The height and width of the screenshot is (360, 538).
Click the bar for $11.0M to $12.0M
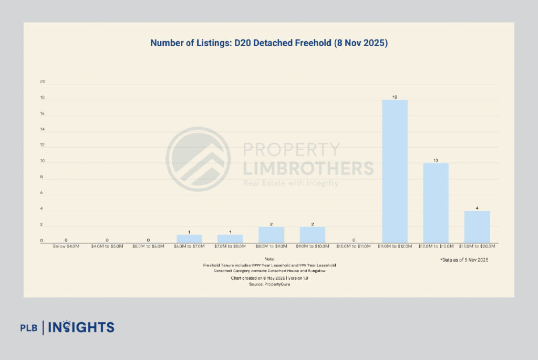pos(395,171)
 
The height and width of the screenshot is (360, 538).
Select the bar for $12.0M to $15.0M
pos(436,202)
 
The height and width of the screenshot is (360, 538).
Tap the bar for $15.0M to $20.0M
pos(477,227)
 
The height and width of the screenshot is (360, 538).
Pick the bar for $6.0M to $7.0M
pos(189,239)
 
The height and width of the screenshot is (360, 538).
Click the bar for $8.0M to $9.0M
pos(271,234)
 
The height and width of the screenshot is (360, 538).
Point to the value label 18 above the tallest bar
pos(395,97)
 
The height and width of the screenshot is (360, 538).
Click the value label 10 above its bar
pos(436,160)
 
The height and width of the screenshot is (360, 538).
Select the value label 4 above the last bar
pos(477,208)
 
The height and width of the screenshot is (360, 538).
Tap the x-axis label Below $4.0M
pos(66,246)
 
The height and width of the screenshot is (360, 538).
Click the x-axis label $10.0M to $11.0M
pos(354,246)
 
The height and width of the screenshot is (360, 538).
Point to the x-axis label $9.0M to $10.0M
pos(313,246)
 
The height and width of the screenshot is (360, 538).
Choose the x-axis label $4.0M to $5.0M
pos(107,246)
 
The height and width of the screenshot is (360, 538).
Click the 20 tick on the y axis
pos(43,82)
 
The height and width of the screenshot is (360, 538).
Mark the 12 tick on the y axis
pos(43,145)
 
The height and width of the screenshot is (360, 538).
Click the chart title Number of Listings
pos(268,43)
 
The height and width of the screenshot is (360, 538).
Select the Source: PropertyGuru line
pos(269,284)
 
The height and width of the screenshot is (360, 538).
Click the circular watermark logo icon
pos(198,159)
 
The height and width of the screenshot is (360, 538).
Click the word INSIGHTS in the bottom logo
pos(81,327)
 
